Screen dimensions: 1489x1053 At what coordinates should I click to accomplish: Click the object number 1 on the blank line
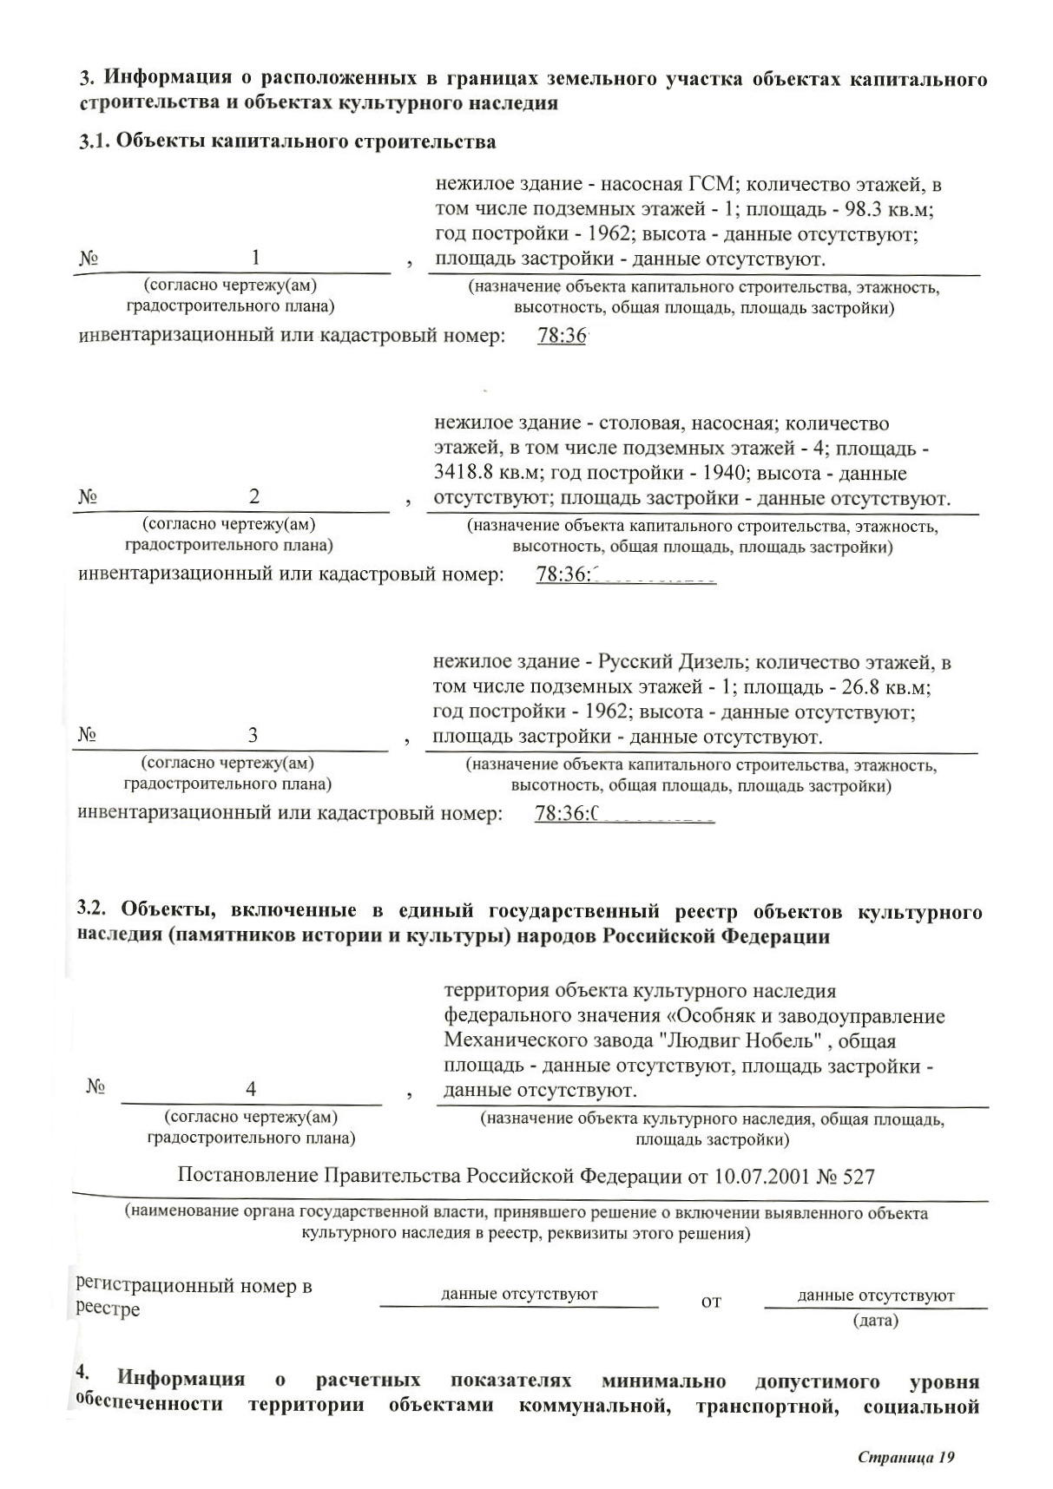255,258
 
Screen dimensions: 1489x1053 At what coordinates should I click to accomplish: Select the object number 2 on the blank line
254,496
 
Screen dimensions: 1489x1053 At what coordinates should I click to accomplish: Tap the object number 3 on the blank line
253,736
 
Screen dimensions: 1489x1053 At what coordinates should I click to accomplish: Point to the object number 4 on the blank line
251,1089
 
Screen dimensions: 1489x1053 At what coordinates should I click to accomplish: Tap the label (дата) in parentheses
875,1321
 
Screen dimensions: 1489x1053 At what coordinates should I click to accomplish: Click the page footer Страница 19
905,1457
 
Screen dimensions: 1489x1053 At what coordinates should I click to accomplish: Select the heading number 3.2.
91,910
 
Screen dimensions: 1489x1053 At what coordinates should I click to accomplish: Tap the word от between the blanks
711,1302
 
